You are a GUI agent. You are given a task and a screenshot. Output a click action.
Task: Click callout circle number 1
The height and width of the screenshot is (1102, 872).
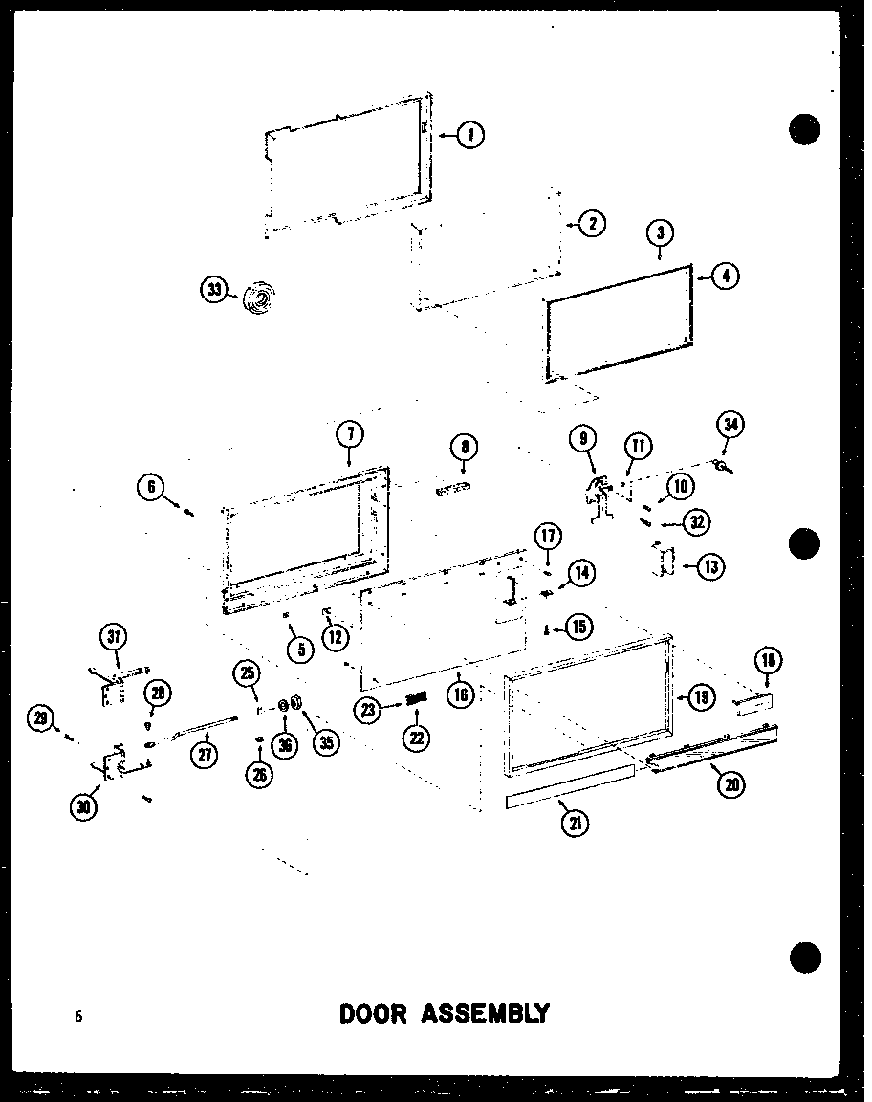coord(469,135)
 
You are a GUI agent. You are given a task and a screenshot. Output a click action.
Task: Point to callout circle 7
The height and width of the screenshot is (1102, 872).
coord(350,434)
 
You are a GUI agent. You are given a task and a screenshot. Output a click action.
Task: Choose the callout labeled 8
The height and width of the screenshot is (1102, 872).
coord(464,448)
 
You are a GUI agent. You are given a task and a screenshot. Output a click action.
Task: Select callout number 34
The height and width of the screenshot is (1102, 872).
coord(731,424)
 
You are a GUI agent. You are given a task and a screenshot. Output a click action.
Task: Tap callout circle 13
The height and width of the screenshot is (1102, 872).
coord(709,566)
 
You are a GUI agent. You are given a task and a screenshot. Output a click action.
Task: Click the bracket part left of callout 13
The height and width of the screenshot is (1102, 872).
coord(662,561)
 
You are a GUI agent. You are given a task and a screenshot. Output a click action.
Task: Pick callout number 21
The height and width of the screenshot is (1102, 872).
coord(576,822)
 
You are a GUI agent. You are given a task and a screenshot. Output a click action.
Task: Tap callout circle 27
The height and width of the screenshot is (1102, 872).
coord(204,754)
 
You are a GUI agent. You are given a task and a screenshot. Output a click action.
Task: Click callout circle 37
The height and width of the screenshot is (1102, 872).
coord(116,636)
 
